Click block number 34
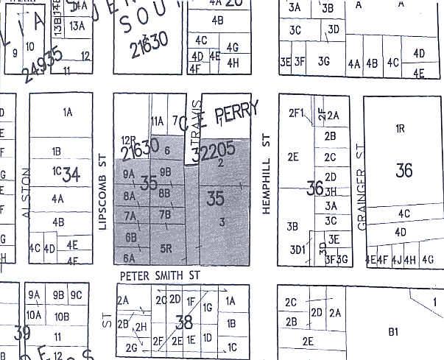(71, 175)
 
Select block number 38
(185, 321)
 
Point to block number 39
(22, 333)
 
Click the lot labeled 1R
(401, 128)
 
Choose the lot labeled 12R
(129, 140)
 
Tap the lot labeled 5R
(167, 248)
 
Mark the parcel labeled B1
(393, 332)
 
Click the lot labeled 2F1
(296, 113)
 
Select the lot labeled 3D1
(297, 250)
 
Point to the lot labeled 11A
(157, 121)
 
